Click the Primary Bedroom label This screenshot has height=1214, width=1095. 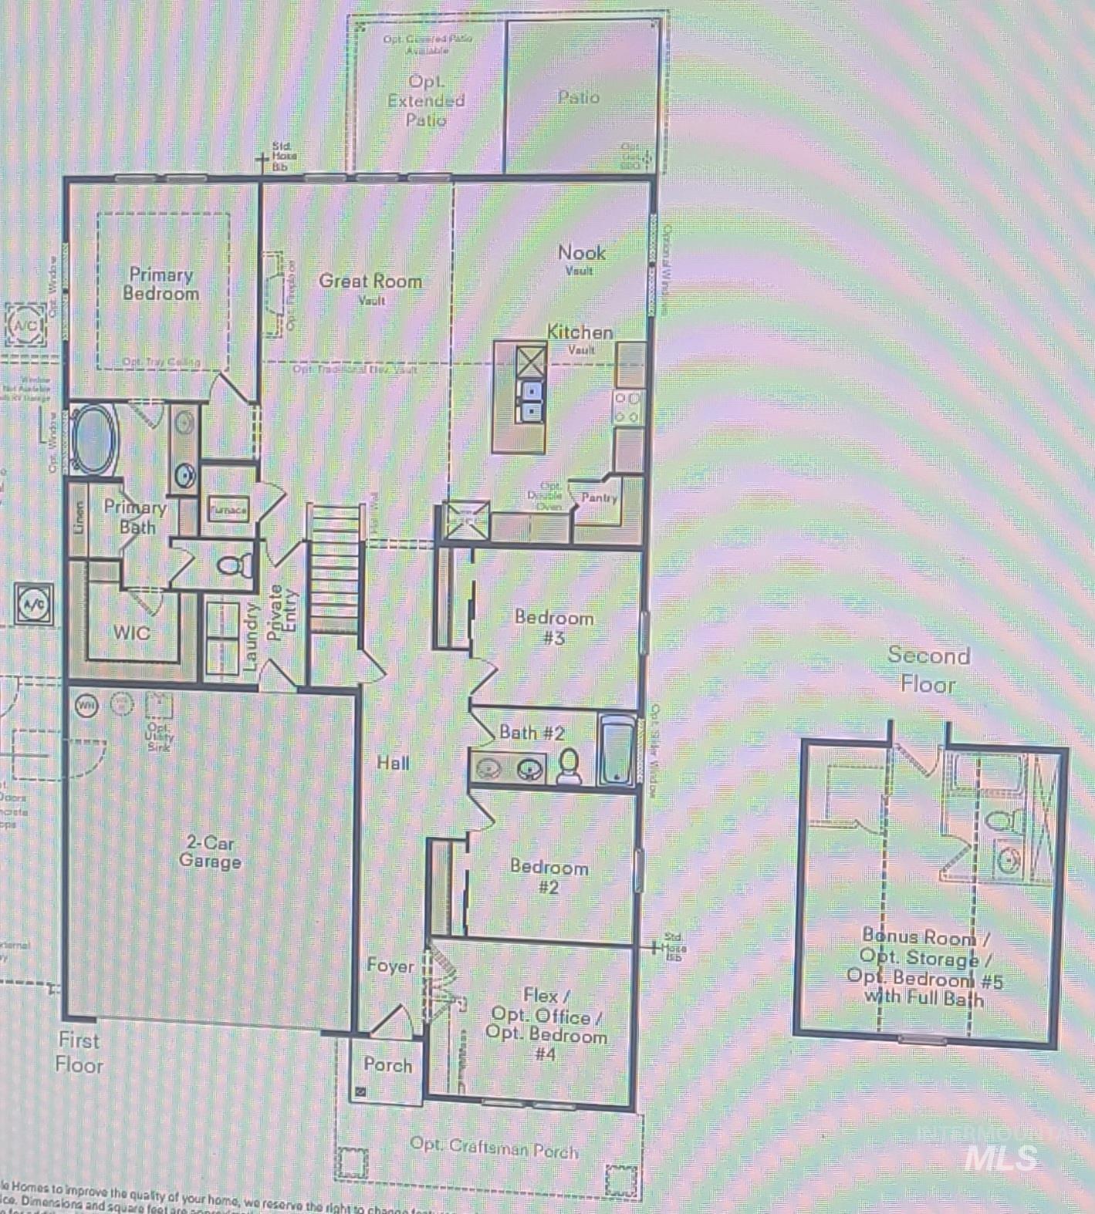click(161, 284)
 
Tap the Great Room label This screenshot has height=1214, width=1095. click(370, 282)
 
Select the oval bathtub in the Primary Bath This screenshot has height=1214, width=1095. click(93, 439)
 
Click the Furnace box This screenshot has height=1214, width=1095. click(228, 509)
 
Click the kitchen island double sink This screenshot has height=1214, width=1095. click(531, 401)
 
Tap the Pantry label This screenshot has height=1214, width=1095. click(599, 497)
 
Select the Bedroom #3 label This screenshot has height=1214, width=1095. click(554, 627)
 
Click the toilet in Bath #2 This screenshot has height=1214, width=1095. click(569, 765)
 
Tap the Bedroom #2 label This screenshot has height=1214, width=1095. click(549, 876)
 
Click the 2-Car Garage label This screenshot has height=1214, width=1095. click(210, 852)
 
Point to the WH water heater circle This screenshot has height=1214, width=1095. click(86, 705)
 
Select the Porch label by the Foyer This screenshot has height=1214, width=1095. click(387, 1064)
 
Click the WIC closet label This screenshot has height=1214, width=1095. click(131, 632)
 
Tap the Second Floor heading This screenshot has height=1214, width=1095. click(928, 669)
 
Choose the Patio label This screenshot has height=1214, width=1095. click(579, 97)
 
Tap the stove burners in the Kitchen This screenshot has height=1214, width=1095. click(627, 407)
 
